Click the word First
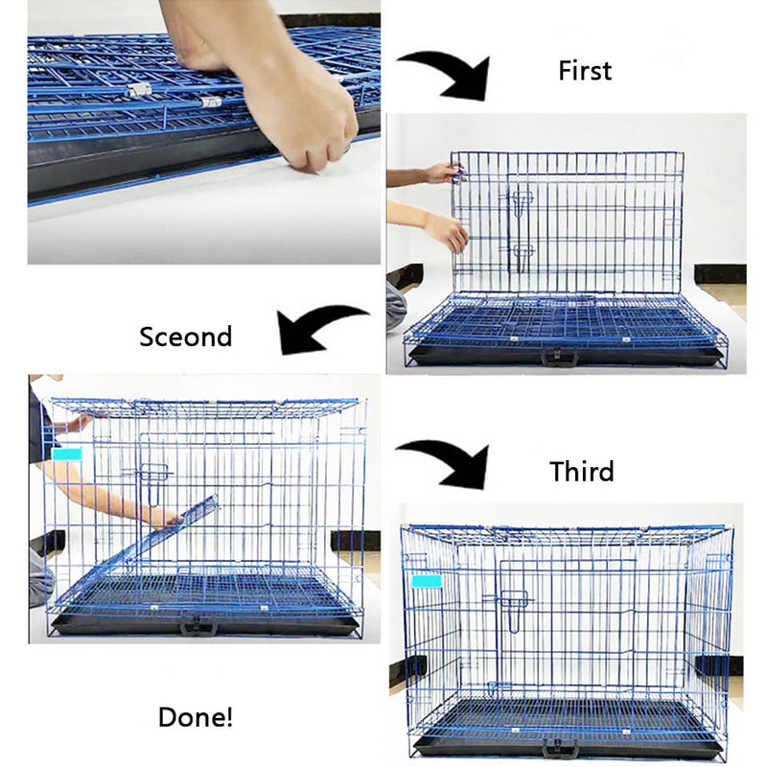pos(585,71)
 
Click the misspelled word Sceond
pos(185,337)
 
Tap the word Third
pos(582,472)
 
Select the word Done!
pos(196,717)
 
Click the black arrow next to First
pos(453,74)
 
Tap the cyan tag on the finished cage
pos(427,581)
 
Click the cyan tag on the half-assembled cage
pos(66,454)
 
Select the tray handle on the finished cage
pos(560,748)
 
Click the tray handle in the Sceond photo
pos(199,625)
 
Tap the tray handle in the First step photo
pos(560,357)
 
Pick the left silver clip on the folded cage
pos(139,89)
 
